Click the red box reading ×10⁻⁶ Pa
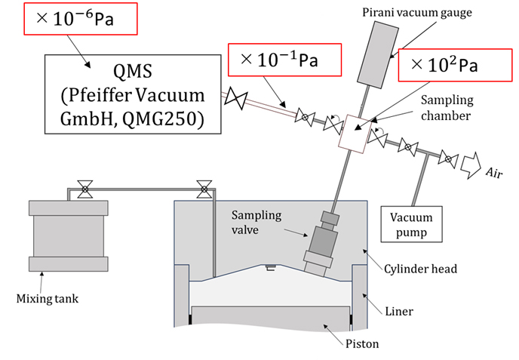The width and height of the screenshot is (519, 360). (x=81, y=19)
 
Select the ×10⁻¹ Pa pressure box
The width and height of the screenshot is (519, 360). (x=284, y=60)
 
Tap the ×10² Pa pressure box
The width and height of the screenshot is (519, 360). (x=455, y=65)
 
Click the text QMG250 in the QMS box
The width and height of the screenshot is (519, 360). (x=163, y=118)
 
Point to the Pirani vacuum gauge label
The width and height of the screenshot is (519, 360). (x=417, y=13)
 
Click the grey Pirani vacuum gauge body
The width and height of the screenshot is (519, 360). (x=378, y=55)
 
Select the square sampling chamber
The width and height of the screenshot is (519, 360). (x=354, y=134)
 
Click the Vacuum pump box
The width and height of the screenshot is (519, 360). (x=411, y=224)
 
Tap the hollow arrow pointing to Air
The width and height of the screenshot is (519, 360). (x=471, y=165)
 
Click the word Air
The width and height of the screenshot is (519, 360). (x=494, y=173)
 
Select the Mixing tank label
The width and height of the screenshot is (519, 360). (x=48, y=299)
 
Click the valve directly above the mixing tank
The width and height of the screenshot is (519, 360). (x=85, y=189)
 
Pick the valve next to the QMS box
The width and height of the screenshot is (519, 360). (x=236, y=98)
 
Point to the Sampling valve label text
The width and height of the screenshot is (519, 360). (x=256, y=222)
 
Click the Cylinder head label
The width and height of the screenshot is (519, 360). (x=420, y=269)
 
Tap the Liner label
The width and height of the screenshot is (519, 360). (x=399, y=311)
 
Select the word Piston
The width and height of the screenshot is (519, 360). (x=362, y=343)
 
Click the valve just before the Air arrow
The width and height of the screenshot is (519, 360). (x=448, y=159)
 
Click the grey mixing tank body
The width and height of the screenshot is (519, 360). (x=69, y=235)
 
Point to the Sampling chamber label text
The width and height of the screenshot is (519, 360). (x=447, y=108)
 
